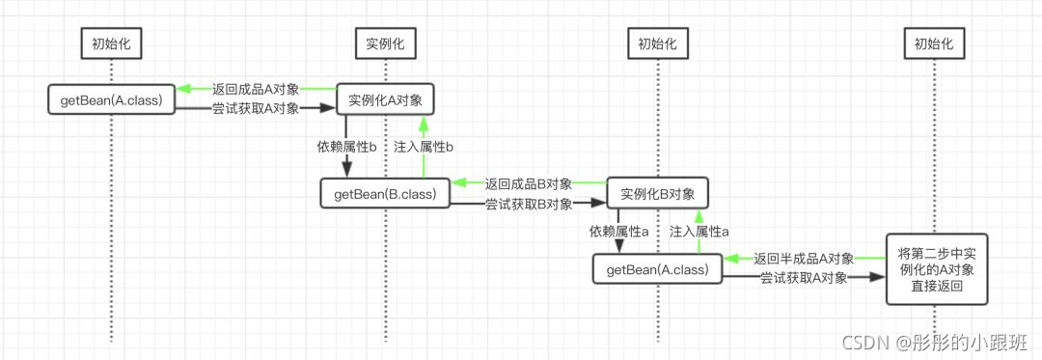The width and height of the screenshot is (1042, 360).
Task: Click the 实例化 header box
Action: click(385, 43)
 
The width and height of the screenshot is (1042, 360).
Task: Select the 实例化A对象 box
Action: click(385, 99)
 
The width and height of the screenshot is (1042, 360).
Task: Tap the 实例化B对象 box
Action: click(657, 193)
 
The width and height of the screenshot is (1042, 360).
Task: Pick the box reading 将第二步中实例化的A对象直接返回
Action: click(934, 269)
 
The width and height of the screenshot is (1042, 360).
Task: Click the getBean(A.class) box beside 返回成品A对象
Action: click(111, 99)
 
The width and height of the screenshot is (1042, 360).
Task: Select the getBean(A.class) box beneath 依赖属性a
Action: click(657, 269)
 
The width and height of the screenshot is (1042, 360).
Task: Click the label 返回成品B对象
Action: click(529, 183)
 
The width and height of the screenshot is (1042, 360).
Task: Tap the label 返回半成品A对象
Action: click(804, 259)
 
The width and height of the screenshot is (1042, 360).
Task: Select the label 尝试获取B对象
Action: click(529, 204)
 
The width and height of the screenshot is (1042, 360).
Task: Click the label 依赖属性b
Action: click(346, 147)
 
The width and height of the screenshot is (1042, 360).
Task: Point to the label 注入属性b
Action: click(424, 147)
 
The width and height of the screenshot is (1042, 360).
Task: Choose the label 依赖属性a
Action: click(618, 232)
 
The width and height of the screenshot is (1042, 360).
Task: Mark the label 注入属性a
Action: click(699, 232)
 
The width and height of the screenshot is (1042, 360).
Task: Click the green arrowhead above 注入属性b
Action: click(423, 123)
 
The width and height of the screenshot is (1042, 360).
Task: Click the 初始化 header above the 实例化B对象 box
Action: click(657, 43)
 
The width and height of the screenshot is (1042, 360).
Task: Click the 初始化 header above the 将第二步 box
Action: click(934, 43)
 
